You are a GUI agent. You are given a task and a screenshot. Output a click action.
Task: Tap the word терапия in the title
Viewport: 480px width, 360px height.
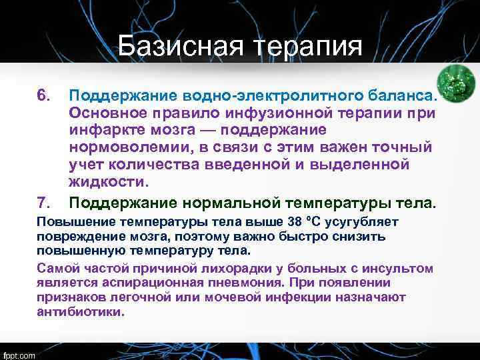click(x=307, y=47)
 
